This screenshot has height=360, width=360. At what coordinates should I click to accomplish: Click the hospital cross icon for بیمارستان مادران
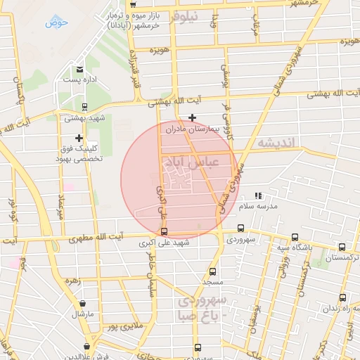point(192,117)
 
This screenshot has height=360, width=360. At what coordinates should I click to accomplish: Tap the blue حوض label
point(56,22)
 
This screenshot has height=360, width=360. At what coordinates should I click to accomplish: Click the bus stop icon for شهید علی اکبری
point(164,231)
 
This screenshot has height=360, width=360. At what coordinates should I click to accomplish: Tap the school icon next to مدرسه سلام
point(258,195)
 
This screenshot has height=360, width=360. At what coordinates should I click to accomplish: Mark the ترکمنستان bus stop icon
point(342,247)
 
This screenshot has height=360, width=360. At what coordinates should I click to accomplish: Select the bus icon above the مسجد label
point(212,271)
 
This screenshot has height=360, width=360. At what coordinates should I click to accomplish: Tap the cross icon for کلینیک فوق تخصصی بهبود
point(79,138)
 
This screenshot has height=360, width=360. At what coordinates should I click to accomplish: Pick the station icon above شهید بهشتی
point(84,108)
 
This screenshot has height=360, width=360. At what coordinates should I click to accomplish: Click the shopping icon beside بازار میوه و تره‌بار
point(132,5)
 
